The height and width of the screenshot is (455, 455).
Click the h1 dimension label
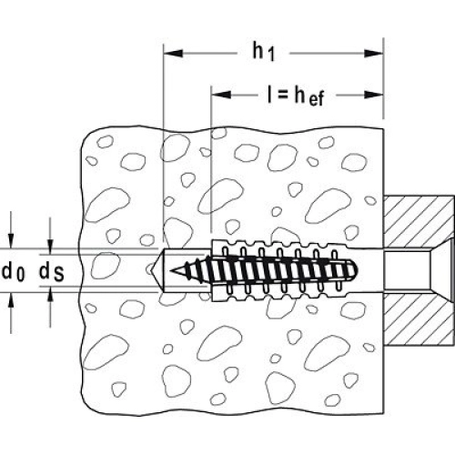264,52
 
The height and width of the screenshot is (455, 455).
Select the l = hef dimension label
296,96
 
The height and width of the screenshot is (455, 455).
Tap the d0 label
14,272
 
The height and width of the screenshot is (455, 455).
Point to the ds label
51,272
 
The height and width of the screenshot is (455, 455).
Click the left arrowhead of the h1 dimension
173,54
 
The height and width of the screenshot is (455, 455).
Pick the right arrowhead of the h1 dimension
373,54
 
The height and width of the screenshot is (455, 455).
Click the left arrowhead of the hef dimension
221,95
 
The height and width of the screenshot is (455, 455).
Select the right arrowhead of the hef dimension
373,95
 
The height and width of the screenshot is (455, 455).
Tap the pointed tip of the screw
172,270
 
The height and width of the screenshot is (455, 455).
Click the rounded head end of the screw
354,270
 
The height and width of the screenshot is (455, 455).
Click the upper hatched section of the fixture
419,221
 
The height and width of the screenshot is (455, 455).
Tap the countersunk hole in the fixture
418,270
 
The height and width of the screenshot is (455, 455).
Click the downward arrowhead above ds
50,247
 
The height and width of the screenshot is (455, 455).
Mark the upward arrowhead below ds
50,294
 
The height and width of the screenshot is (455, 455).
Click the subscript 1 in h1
271,56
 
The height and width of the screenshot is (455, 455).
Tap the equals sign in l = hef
282,96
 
